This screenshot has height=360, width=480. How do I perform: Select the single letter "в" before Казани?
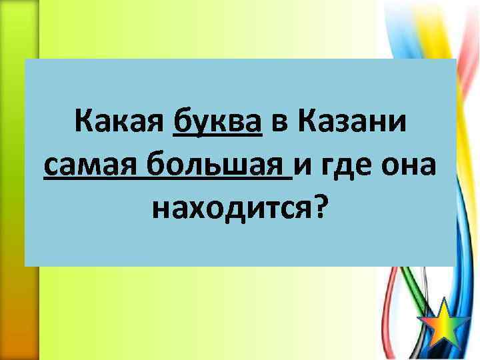(x=278, y=124)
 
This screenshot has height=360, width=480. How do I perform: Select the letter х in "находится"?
(x=200, y=211)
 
